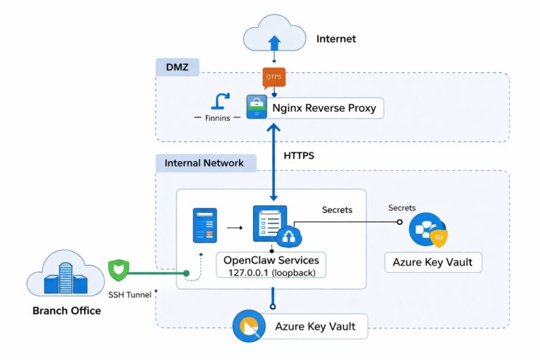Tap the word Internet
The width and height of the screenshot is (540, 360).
[336, 39]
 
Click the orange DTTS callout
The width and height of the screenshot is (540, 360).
[274, 77]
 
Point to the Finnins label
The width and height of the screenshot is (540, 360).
[217, 118]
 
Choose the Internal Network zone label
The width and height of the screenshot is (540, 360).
[204, 163]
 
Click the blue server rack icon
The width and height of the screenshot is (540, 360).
[205, 226]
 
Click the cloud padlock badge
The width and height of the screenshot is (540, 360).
[288, 238]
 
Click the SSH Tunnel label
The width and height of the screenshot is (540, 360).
[129, 295]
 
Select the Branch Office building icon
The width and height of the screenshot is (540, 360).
[65, 275]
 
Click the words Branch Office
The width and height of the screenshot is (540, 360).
[67, 310]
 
